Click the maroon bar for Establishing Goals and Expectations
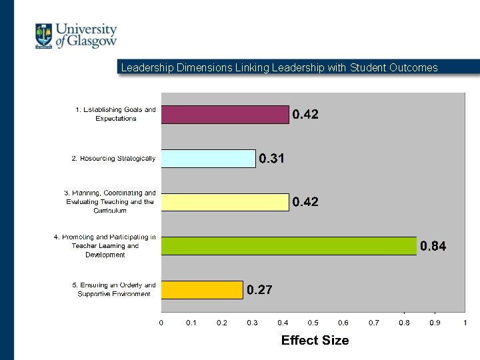[x=225, y=115]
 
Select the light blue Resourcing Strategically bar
[x=208, y=159]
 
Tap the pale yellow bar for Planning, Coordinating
[x=225, y=202]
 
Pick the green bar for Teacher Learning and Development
[x=289, y=246]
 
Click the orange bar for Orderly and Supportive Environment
[x=201, y=290]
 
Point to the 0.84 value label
[x=433, y=247]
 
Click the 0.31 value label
[x=272, y=159]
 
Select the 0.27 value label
[x=259, y=290]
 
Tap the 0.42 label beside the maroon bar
[x=305, y=115]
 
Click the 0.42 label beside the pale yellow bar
[x=305, y=202]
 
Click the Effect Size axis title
[x=315, y=340]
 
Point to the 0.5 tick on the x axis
[x=313, y=323]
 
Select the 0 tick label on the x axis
[x=161, y=323]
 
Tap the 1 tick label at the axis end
[x=465, y=323]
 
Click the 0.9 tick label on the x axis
[x=435, y=323]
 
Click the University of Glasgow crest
[x=44, y=36]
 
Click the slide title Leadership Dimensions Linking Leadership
[x=279, y=67]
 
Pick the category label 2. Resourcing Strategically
[x=113, y=159]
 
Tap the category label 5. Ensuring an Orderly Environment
[x=114, y=289]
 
